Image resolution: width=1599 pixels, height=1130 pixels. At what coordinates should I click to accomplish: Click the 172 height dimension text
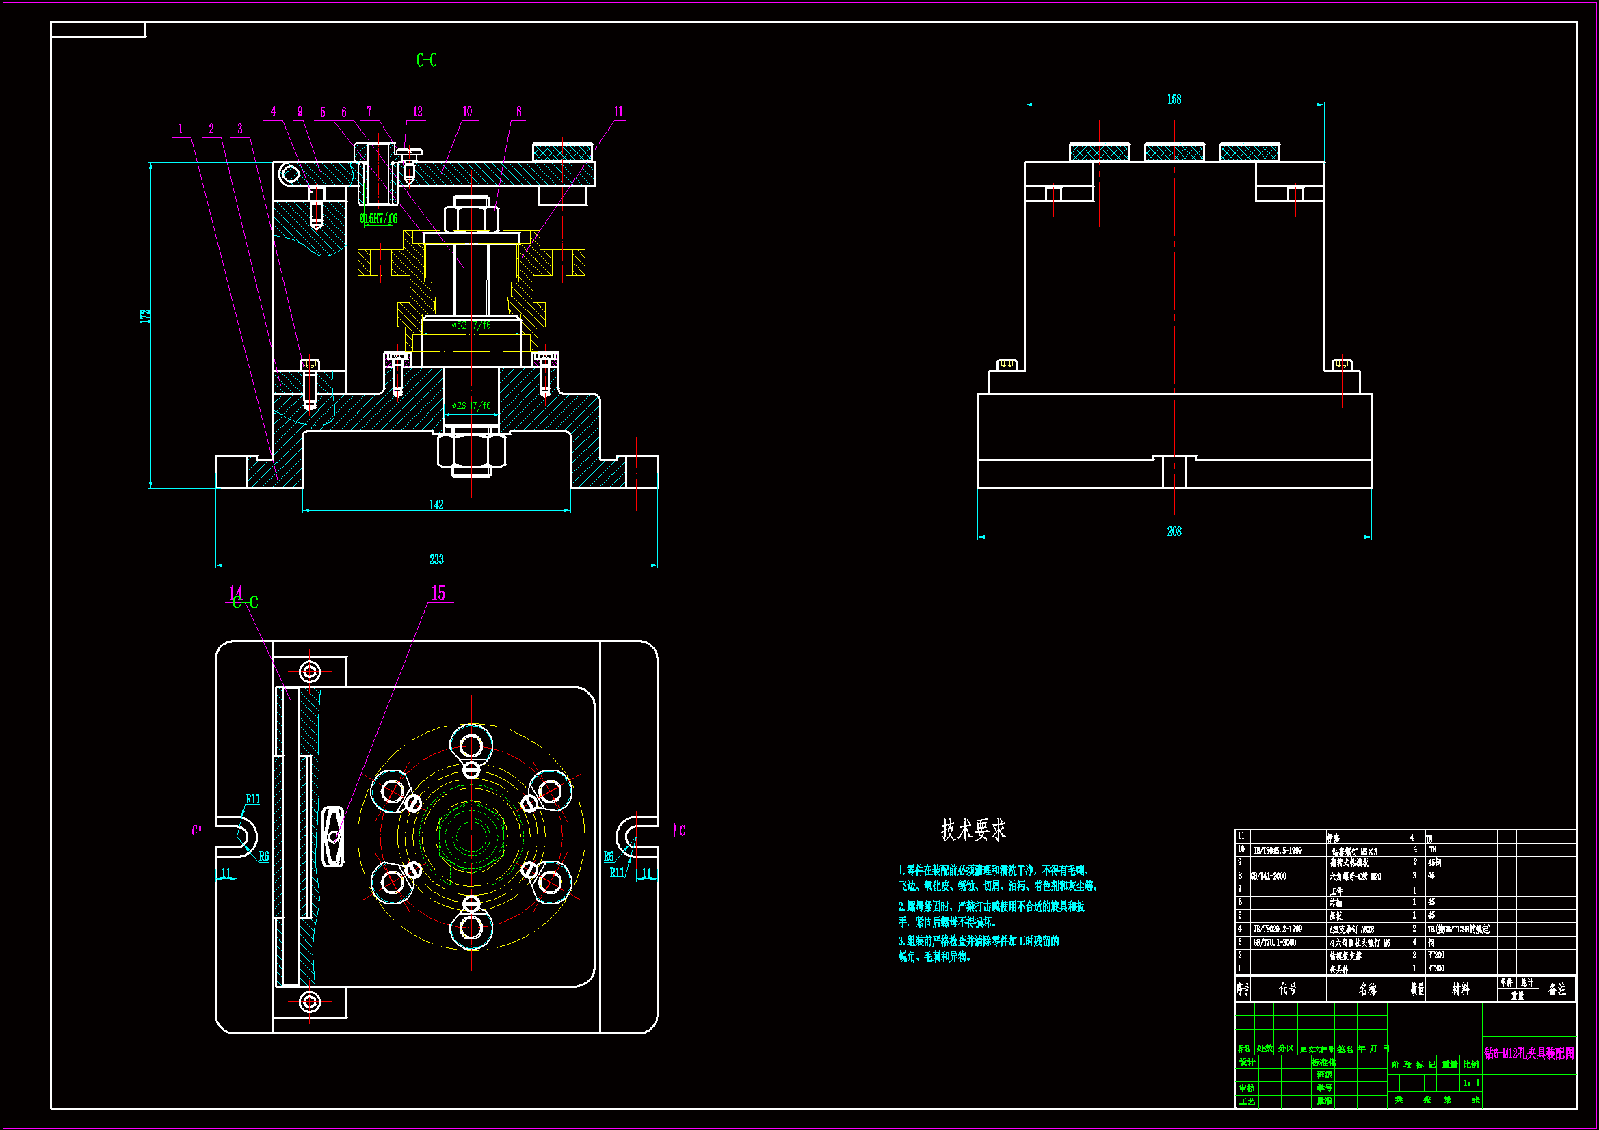(x=145, y=316)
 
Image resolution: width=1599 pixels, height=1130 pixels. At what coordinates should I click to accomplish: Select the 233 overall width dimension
(x=436, y=559)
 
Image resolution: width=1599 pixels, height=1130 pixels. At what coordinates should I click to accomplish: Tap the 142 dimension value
(x=436, y=505)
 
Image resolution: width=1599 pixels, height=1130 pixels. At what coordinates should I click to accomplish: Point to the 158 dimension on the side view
(x=1174, y=100)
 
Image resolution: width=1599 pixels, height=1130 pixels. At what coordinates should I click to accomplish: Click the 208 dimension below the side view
(x=1174, y=531)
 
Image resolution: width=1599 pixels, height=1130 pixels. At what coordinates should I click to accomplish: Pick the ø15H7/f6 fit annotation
(x=378, y=219)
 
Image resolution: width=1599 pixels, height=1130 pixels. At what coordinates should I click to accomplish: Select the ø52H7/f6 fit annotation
(x=471, y=325)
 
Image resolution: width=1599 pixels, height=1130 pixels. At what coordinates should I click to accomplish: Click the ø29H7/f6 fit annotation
(x=471, y=405)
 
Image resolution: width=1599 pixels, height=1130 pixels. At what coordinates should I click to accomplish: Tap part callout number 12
(x=417, y=112)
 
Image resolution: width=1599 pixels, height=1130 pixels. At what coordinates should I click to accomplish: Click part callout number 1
(x=181, y=129)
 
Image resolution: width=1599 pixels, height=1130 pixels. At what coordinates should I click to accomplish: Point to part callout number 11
(x=618, y=112)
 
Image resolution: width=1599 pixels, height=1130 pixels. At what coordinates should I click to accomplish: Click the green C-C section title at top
(x=427, y=61)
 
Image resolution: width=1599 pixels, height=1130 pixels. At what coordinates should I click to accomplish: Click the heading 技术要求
(x=974, y=829)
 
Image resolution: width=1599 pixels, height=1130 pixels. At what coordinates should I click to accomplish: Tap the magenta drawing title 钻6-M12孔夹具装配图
(x=1529, y=1053)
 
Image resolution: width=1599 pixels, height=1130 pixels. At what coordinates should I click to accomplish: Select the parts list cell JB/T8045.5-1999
(x=1278, y=850)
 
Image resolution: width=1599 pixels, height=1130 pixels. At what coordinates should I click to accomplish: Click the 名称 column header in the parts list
(x=1368, y=988)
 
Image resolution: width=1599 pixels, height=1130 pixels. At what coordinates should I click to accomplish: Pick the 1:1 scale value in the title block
(x=1471, y=1083)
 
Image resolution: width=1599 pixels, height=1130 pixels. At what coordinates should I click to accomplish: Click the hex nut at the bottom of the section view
(x=471, y=453)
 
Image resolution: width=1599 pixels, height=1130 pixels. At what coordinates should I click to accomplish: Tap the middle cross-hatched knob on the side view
(x=1174, y=152)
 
